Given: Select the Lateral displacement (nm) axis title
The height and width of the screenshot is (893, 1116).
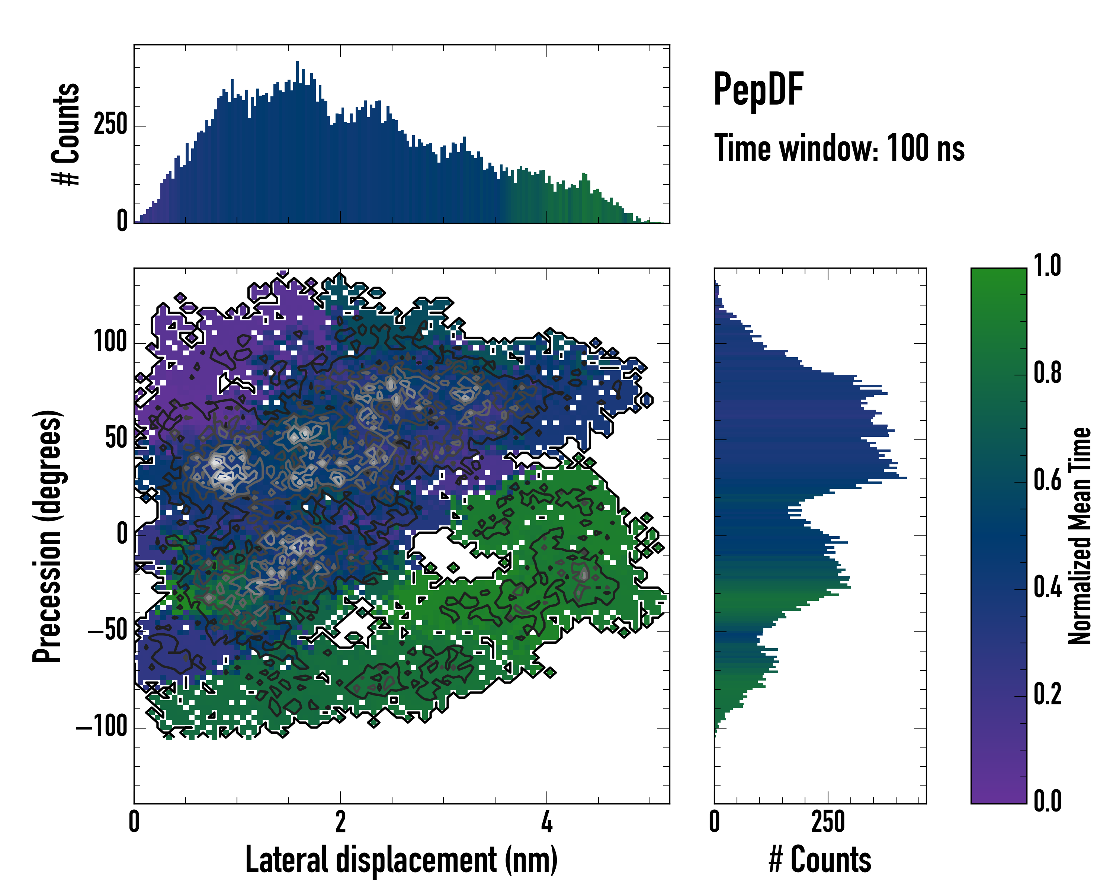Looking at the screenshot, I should [401, 860].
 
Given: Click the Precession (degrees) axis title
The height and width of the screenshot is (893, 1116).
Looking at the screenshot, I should [48, 536].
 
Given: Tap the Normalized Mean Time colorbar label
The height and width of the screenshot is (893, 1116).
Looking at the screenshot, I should [1080, 536].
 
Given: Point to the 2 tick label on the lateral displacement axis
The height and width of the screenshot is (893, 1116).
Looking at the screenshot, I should [340, 822].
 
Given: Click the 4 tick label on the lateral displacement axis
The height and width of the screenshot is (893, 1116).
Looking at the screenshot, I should [546, 822].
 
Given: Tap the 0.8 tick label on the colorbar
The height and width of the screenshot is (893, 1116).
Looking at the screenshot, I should [1047, 373].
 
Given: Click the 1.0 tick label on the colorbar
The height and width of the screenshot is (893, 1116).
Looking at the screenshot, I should [1047, 266].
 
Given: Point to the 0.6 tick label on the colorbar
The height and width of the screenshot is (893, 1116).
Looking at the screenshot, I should [1047, 480].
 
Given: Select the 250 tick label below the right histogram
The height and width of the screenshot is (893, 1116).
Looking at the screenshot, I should [828, 822].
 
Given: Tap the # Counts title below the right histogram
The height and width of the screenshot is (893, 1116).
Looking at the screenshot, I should [820, 860].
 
